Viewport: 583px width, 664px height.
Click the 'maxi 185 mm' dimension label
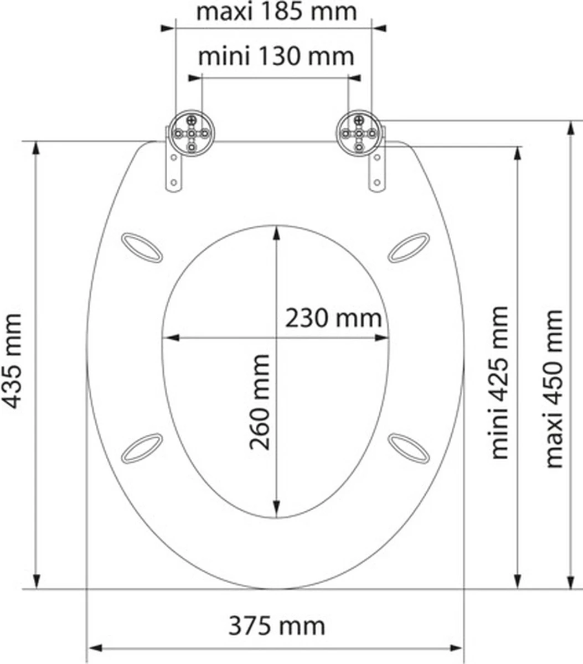(277, 12)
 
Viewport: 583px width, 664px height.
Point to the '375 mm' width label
(276, 626)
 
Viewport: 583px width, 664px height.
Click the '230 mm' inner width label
(333, 318)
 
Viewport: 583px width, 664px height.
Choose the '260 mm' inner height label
(259, 402)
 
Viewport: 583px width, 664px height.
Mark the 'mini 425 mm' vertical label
(499, 382)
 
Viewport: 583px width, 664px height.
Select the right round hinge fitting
(359, 133)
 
